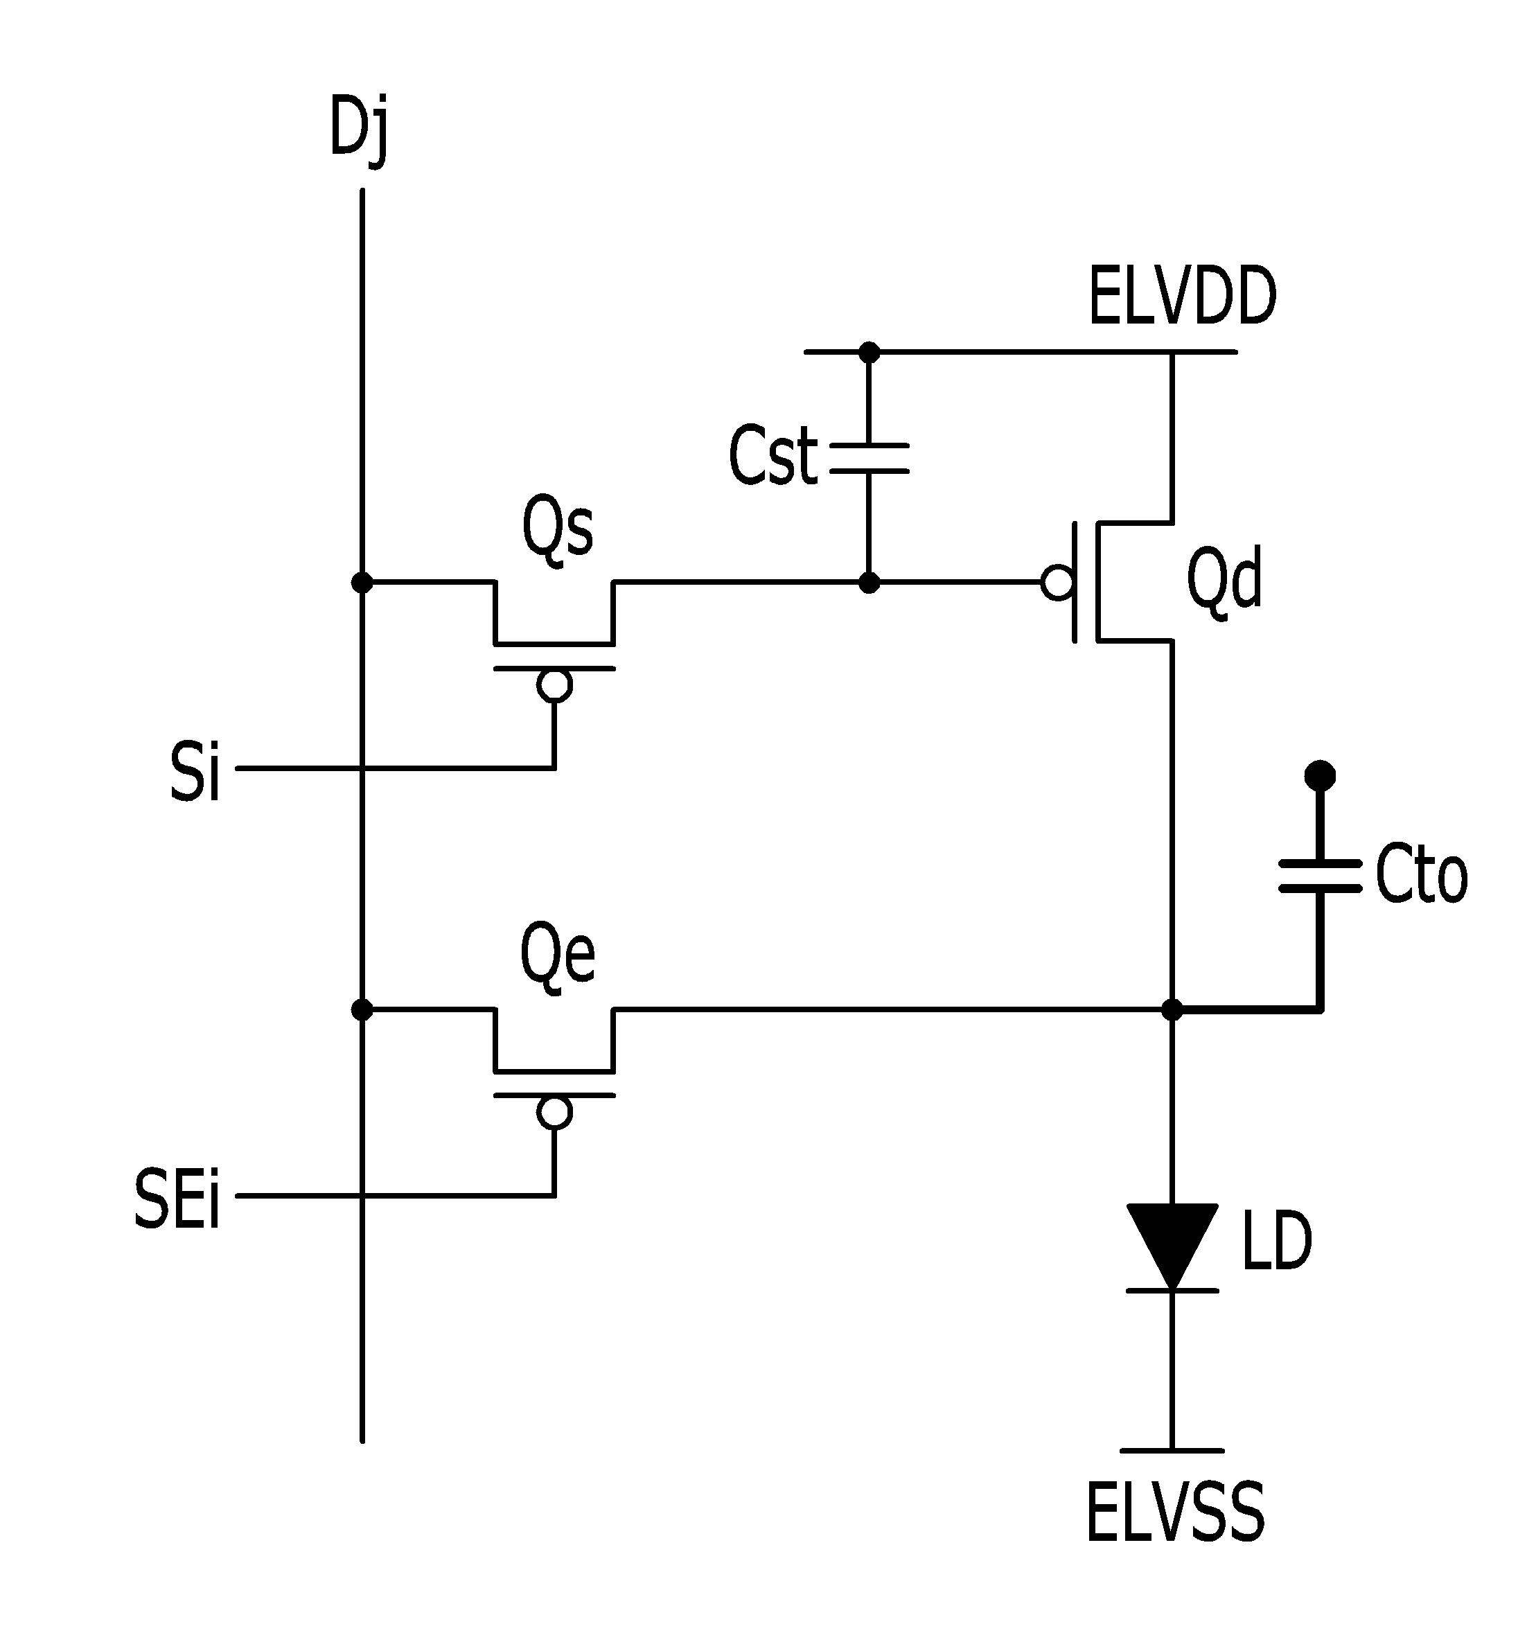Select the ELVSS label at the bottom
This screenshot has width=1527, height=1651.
pos(1174,1513)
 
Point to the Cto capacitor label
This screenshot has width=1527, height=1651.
pos(1421,875)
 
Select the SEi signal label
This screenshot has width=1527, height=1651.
pos(177,1198)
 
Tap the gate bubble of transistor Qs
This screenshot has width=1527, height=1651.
pos(554,685)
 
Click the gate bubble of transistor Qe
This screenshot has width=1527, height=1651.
pos(554,1112)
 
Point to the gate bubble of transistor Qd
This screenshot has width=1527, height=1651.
pos(1057,583)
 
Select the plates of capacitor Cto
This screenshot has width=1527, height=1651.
pos(1320,876)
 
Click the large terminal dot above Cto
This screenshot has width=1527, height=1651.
pos(1320,775)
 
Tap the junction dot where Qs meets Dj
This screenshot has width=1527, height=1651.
pos(362,583)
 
